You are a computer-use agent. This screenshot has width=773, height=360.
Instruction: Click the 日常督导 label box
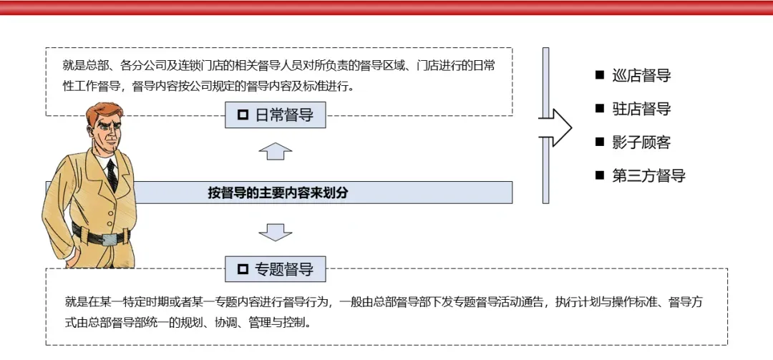[x=276, y=115]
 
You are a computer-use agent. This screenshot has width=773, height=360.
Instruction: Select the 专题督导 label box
[x=276, y=269]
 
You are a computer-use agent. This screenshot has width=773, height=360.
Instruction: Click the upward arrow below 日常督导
[x=276, y=151]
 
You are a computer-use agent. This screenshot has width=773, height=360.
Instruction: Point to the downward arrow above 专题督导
[x=276, y=232]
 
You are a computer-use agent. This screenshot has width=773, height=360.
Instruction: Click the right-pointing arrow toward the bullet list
[x=557, y=128]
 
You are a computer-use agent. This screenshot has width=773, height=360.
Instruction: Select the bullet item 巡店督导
[x=641, y=76]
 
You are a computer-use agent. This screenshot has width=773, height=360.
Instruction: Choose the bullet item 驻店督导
[x=641, y=109]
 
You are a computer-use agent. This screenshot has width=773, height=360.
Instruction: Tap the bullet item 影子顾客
[x=641, y=142]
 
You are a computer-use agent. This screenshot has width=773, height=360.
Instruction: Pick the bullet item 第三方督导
[x=648, y=175]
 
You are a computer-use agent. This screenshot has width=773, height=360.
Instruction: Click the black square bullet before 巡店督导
[x=600, y=75]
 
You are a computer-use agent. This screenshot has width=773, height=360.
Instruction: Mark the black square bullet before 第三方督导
[x=600, y=175]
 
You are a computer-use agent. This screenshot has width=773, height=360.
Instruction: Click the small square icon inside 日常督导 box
[x=243, y=115]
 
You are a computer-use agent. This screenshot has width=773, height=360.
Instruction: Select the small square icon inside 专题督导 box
[x=243, y=269]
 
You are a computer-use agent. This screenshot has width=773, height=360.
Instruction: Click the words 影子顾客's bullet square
[x=600, y=142]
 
